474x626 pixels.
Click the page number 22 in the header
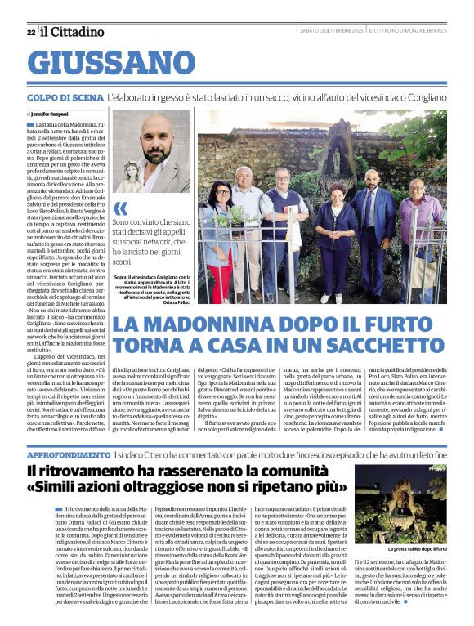(30, 32)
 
